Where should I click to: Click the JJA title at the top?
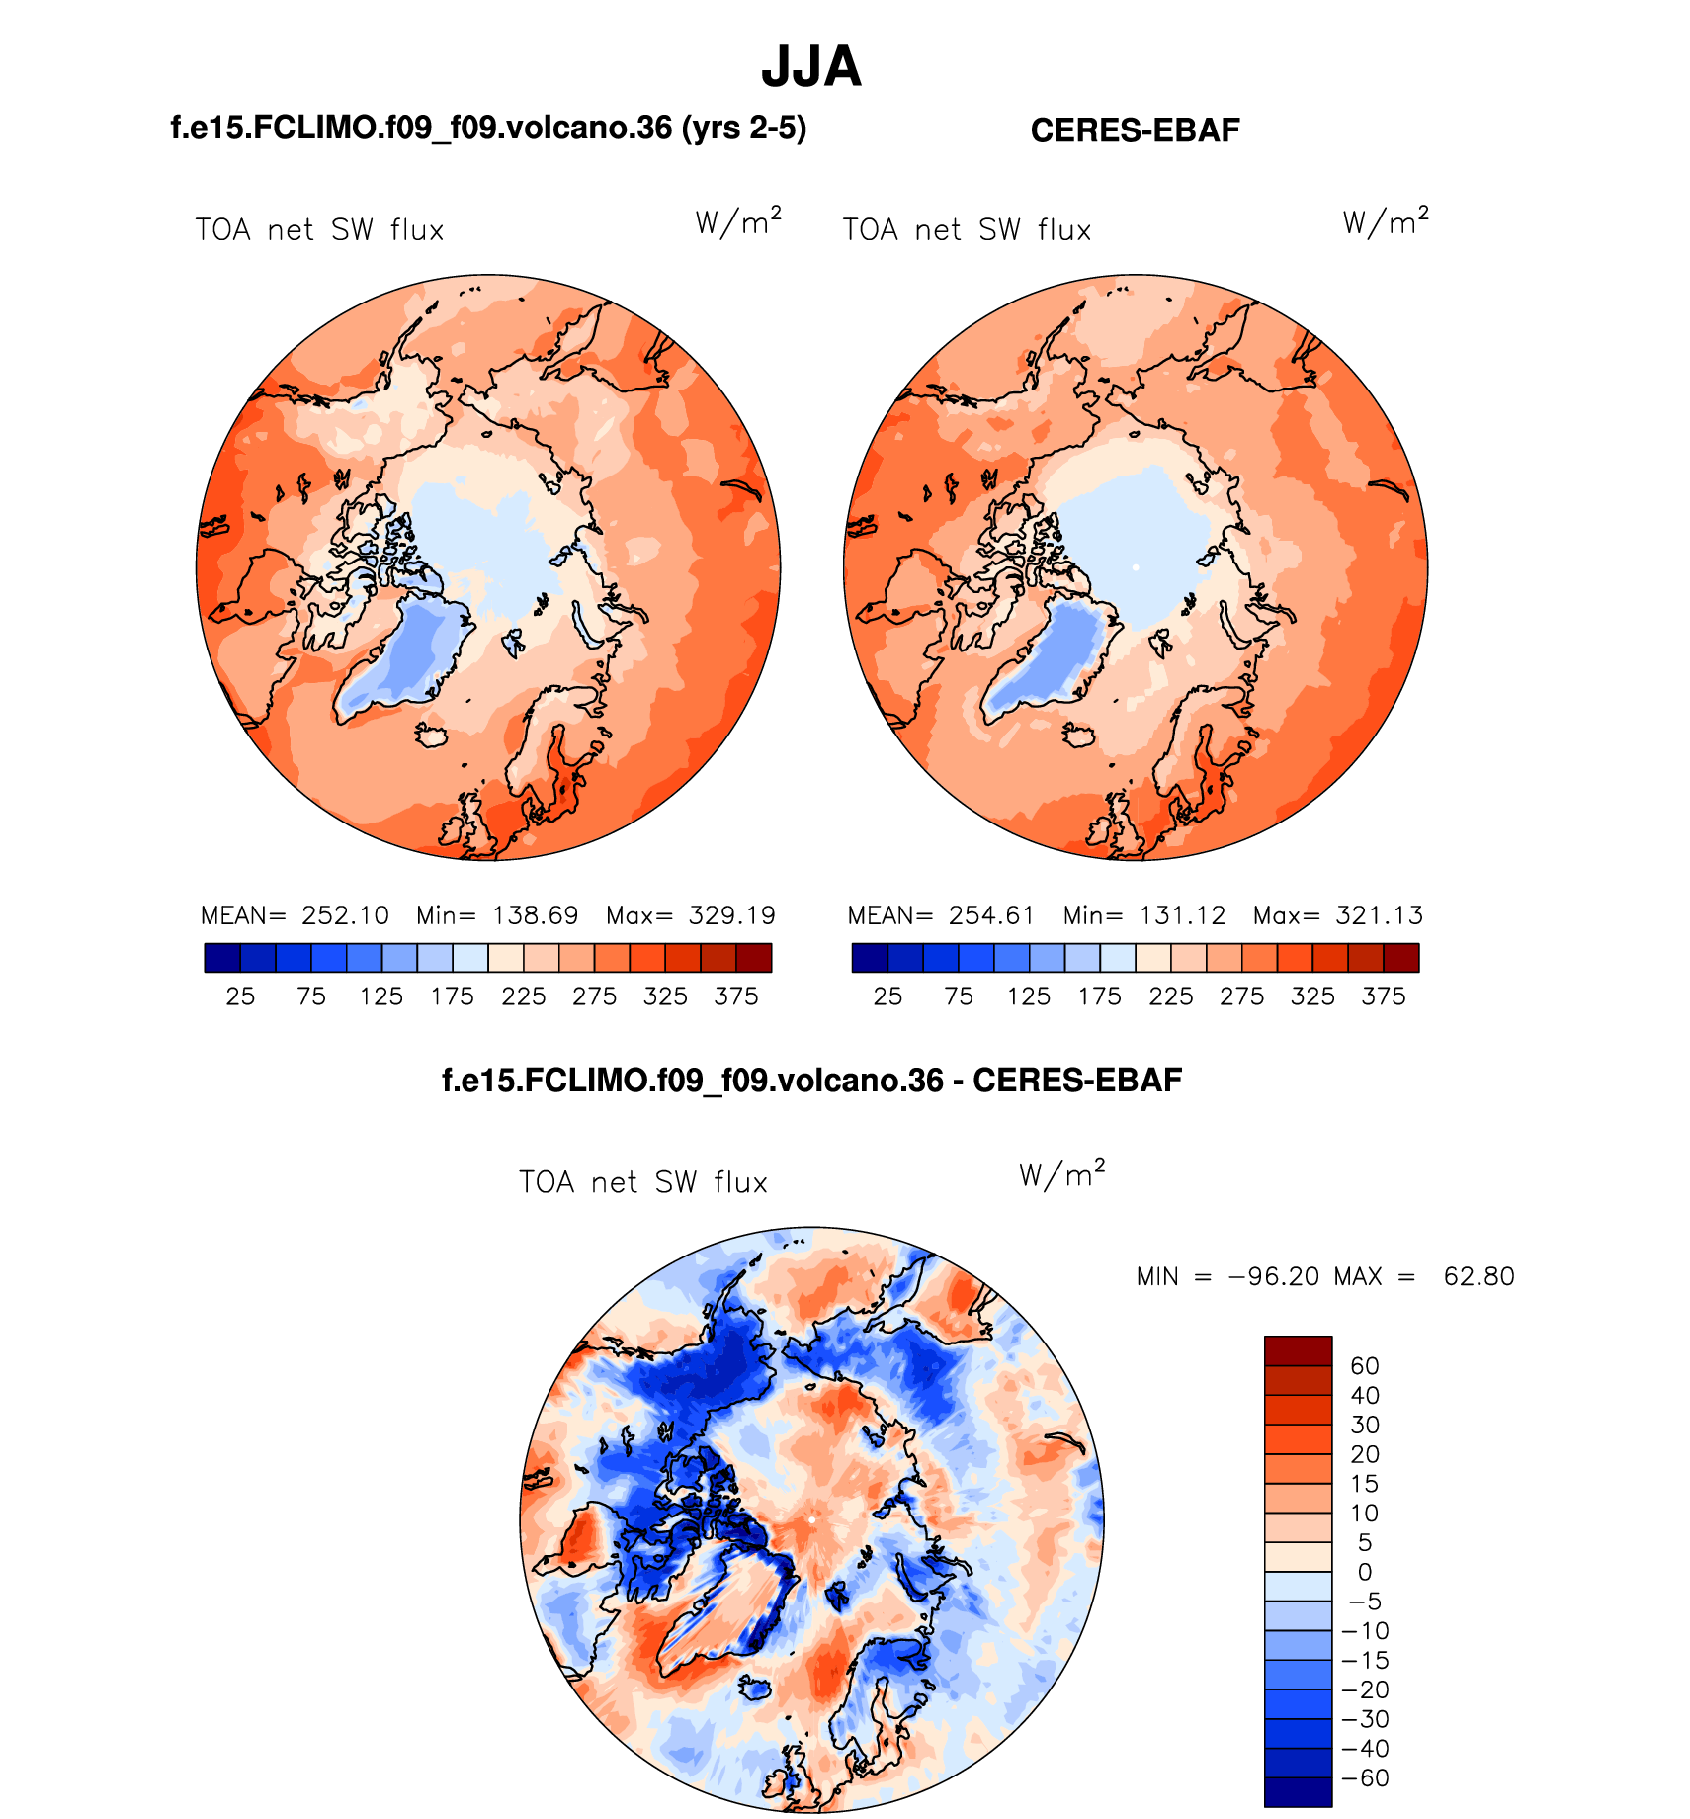pyautogui.click(x=810, y=67)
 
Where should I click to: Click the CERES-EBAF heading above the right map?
pyautogui.click(x=1135, y=130)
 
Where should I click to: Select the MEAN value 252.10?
pyautogui.click(x=345, y=915)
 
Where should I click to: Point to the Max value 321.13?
pyautogui.click(x=1379, y=915)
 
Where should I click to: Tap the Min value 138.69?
pyautogui.click(x=535, y=915)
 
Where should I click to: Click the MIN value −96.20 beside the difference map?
pyautogui.click(x=1273, y=1276)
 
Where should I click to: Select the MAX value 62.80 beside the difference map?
pyautogui.click(x=1479, y=1276)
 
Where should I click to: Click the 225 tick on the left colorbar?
pyautogui.click(x=523, y=996)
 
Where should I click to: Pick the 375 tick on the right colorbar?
pyautogui.click(x=1383, y=996)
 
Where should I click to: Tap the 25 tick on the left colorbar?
pyautogui.click(x=240, y=996)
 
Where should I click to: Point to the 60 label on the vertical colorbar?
pyautogui.click(x=1364, y=1366)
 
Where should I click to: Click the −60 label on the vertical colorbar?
pyautogui.click(x=1365, y=1777)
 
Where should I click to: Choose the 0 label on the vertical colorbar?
pyautogui.click(x=1364, y=1572)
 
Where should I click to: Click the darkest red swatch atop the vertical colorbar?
pyautogui.click(x=1298, y=1350)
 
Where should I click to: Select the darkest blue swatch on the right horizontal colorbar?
pyautogui.click(x=870, y=958)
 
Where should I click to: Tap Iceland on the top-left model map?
pyautogui.click(x=432, y=736)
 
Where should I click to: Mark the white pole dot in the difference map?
pyautogui.click(x=810, y=1518)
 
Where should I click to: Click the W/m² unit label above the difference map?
pyautogui.click(x=1061, y=1173)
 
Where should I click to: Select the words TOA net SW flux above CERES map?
pyautogui.click(x=967, y=230)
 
